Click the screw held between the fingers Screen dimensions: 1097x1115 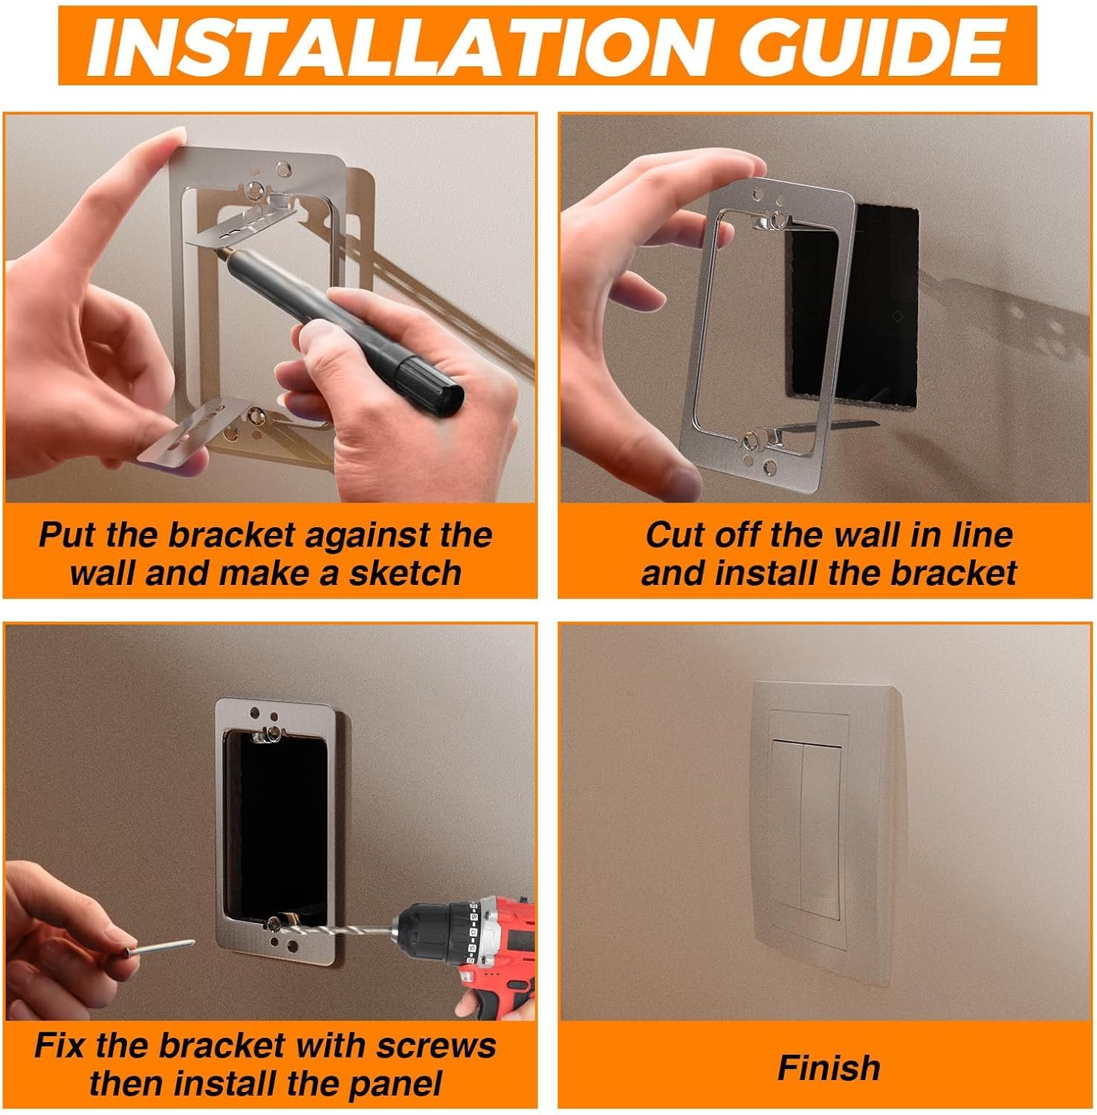(x=160, y=947)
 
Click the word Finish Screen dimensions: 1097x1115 (x=829, y=1068)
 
